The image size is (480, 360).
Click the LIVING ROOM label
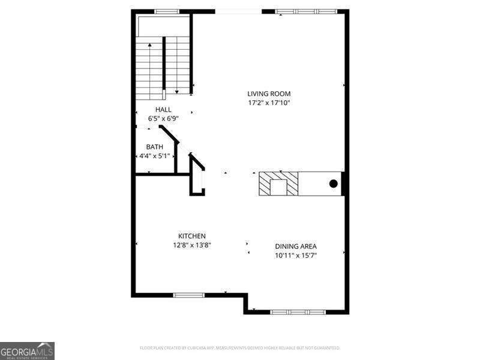click(x=269, y=94)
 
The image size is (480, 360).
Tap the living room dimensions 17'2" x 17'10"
click(x=269, y=103)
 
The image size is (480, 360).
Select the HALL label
click(x=163, y=110)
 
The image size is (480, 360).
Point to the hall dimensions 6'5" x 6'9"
click(x=163, y=118)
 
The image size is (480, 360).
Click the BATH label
click(x=154, y=147)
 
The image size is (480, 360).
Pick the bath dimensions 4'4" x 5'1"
click(x=152, y=156)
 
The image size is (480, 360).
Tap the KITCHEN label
click(x=191, y=236)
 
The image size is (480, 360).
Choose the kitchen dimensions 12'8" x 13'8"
click(x=191, y=245)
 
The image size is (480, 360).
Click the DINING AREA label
click(x=296, y=247)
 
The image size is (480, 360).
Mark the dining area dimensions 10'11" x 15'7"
click(x=296, y=256)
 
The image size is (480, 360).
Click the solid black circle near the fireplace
click(x=334, y=184)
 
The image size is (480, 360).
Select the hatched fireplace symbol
click(x=278, y=184)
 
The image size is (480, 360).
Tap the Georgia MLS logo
click(x=27, y=350)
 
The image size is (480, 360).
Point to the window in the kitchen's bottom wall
click(x=189, y=295)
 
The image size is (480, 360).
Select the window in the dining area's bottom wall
click(x=298, y=312)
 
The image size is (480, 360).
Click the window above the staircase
click(x=167, y=11)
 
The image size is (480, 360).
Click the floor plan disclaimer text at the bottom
click(x=240, y=348)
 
